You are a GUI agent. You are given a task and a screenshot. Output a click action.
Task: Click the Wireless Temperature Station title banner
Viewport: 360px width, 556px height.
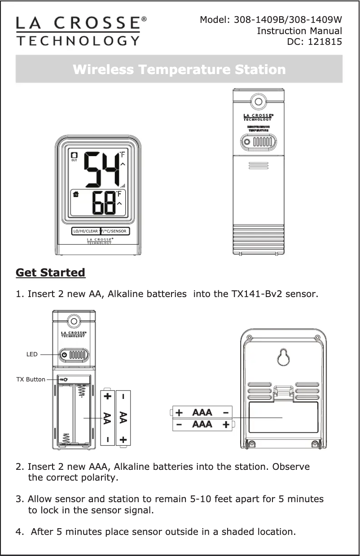[x=179, y=70]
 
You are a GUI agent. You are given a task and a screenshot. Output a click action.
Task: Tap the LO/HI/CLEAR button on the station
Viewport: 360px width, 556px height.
[x=86, y=232]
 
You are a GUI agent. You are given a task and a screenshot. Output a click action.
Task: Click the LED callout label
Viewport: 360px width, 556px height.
[x=31, y=355]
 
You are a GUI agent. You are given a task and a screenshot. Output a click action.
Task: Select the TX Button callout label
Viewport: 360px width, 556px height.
[x=31, y=380]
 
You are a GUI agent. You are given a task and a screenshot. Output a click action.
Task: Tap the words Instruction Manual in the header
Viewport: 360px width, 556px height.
[x=299, y=31]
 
